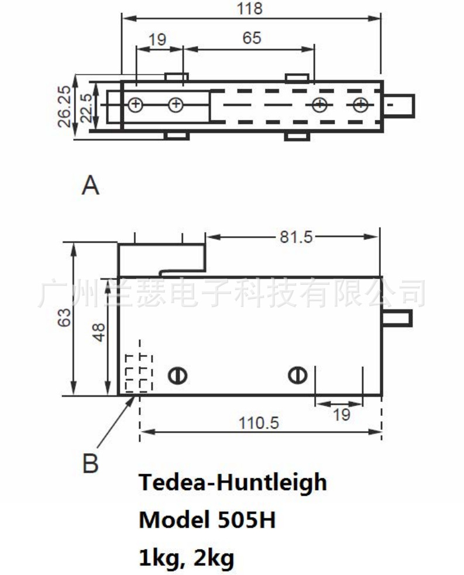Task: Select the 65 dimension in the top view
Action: point(251,39)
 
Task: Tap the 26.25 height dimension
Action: point(65,106)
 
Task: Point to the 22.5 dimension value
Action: point(86,106)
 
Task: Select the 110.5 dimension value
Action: point(259,422)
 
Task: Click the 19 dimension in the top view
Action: point(157,40)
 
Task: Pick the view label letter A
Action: point(90,187)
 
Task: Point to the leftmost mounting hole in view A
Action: point(135,105)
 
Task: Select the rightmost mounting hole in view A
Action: point(361,105)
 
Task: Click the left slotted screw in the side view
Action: point(177,375)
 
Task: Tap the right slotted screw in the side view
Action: point(297,375)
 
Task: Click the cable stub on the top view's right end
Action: point(399,105)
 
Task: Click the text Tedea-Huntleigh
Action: point(232,483)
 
